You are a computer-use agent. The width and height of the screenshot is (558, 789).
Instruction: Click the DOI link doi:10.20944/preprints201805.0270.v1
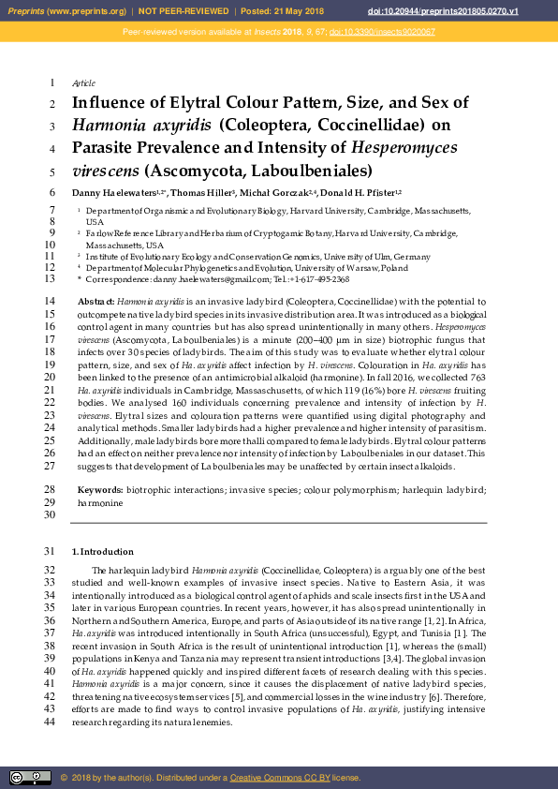click(482, 11)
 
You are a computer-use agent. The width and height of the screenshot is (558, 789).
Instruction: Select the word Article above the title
click(84, 83)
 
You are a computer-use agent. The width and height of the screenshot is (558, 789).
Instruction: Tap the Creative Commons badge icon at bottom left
click(30, 777)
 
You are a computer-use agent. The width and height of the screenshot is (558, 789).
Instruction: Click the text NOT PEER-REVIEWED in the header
click(180, 11)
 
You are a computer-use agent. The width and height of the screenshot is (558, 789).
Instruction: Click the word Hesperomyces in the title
click(404, 147)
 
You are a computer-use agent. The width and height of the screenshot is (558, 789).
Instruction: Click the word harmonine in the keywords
click(99, 502)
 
